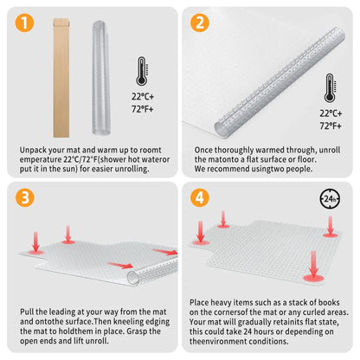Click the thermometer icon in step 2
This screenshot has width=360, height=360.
[x=330, y=87]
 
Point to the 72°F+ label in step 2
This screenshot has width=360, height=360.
[x=330, y=125]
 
